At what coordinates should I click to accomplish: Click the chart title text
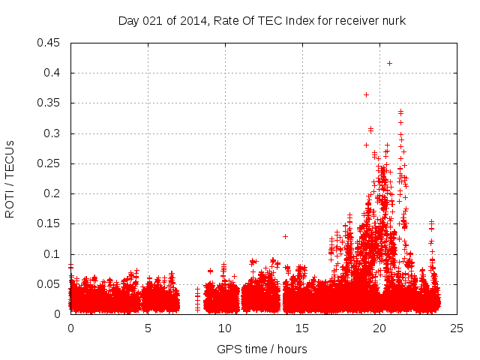(x=262, y=21)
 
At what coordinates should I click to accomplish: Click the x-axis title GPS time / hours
(x=262, y=349)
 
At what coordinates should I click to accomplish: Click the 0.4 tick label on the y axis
(x=55, y=73)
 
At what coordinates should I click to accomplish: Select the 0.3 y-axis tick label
(x=55, y=133)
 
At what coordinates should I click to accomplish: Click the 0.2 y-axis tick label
(x=55, y=193)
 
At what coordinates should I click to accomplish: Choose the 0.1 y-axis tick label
(x=55, y=254)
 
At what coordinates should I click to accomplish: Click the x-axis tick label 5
(x=148, y=328)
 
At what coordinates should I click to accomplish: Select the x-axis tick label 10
(x=225, y=328)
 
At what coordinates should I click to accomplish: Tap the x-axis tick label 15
(x=302, y=328)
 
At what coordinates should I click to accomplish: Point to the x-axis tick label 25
(x=457, y=328)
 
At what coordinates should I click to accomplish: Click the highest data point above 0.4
(x=389, y=63)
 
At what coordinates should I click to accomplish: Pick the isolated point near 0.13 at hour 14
(x=285, y=236)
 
